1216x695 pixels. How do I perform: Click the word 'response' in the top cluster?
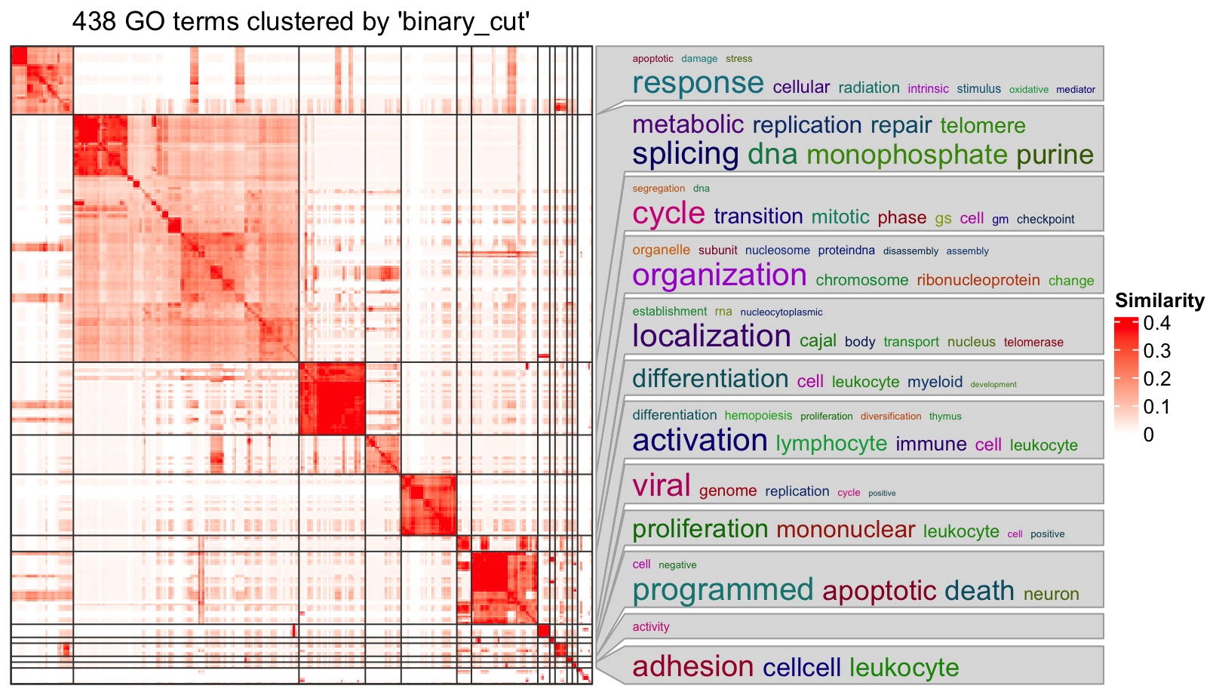(698, 83)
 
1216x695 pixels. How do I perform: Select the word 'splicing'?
(685, 154)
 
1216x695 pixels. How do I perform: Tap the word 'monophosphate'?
(907, 155)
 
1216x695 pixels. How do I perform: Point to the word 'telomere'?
(982, 125)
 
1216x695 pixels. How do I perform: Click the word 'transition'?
(758, 217)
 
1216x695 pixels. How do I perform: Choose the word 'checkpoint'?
(1045, 220)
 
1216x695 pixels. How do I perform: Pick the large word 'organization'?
(719, 275)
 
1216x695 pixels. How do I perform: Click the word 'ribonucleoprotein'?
(978, 280)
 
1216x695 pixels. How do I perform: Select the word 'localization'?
(711, 336)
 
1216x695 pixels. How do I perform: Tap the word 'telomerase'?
(1033, 343)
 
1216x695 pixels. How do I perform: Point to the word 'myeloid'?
(935, 382)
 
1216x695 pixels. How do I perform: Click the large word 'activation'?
(699, 440)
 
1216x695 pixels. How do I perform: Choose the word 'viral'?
(661, 485)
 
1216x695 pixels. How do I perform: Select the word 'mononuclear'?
(845, 530)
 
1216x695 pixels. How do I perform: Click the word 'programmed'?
(723, 590)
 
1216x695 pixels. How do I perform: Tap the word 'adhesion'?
(692, 667)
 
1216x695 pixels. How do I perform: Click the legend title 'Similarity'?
(1159, 300)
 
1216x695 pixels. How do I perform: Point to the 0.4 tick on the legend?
(1156, 323)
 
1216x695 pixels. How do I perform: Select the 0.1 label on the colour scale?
(1156, 407)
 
